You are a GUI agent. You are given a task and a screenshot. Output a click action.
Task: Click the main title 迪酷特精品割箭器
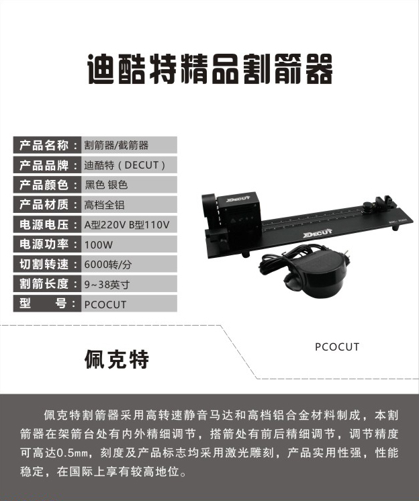coord(209,69)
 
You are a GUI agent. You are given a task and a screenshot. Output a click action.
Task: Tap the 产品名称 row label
coord(44,145)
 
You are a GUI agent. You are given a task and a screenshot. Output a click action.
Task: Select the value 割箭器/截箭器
coord(116,145)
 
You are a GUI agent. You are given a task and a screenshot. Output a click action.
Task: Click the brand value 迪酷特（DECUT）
coord(125,165)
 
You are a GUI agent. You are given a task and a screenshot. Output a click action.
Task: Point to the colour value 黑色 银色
coord(106,185)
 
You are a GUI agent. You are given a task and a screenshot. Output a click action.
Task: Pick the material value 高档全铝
coord(104,205)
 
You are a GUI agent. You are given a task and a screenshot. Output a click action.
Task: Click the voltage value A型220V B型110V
coord(127,224)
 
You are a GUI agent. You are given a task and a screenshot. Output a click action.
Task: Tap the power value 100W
coord(98,244)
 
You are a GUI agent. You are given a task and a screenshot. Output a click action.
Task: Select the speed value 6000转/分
coord(108,265)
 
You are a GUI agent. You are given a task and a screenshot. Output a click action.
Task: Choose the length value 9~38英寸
coord(107,284)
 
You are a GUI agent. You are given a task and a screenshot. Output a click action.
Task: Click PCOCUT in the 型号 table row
coord(105,304)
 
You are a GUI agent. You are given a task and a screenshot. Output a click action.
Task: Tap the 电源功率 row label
coord(44,244)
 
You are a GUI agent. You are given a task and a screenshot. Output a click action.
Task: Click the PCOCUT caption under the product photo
coord(337,347)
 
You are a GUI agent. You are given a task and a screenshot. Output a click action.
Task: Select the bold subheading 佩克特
coord(117,359)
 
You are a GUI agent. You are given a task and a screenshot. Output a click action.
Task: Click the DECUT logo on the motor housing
coord(238,199)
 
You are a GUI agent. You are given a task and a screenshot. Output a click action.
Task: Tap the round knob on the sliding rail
coord(367,206)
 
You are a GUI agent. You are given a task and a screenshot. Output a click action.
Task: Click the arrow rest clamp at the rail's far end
coord(384,202)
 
